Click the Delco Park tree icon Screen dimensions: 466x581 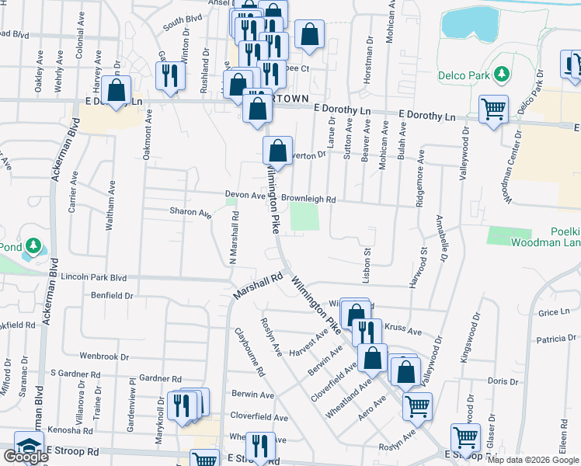(x=502, y=73)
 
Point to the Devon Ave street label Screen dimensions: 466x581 (x=245, y=195)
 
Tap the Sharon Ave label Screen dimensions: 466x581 (x=190, y=212)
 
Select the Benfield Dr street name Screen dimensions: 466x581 (x=112, y=295)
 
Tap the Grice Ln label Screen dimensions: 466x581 (x=553, y=312)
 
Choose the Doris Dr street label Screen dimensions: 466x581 (x=503, y=381)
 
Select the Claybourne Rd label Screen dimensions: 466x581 (x=249, y=351)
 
